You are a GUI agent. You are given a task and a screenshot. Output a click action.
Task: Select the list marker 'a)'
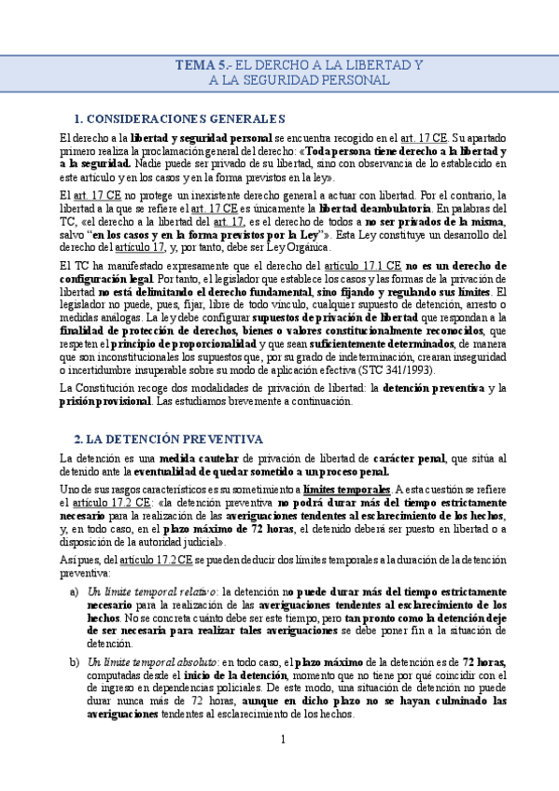point(75,591)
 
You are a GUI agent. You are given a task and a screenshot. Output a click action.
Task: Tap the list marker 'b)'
point(75,661)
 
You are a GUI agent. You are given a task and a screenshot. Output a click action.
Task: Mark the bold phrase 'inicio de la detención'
point(203,674)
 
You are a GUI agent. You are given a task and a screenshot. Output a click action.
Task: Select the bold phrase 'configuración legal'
point(105,279)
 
